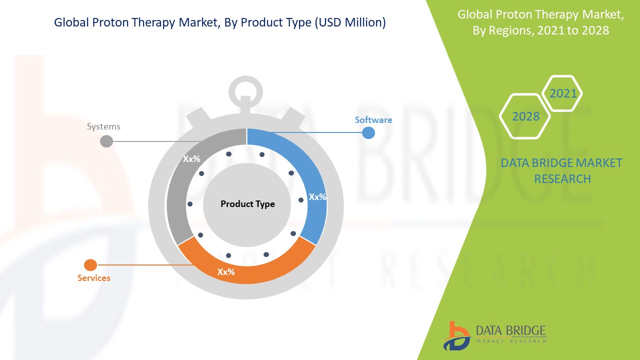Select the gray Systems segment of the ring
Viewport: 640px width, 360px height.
pyautogui.click(x=177, y=183)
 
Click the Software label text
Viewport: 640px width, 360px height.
pyautogui.click(x=373, y=120)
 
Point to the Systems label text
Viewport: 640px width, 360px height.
pyautogui.click(x=103, y=126)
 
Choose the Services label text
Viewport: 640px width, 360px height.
pyautogui.click(x=93, y=278)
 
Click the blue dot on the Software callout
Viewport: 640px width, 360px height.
pyautogui.click(x=368, y=133)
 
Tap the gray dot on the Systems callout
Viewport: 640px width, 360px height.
pyautogui.click(x=106, y=141)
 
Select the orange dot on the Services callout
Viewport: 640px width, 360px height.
pyautogui.click(x=90, y=265)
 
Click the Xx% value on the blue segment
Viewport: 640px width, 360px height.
pyautogui.click(x=317, y=197)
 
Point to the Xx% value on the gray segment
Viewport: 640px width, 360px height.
pyautogui.click(x=191, y=159)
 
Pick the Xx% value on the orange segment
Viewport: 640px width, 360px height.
pyautogui.click(x=226, y=271)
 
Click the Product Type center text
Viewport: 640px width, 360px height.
pyautogui.click(x=247, y=204)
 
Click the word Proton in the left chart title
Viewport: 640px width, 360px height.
pyautogui.click(x=110, y=22)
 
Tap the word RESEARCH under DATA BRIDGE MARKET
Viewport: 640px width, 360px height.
pyautogui.click(x=562, y=179)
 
